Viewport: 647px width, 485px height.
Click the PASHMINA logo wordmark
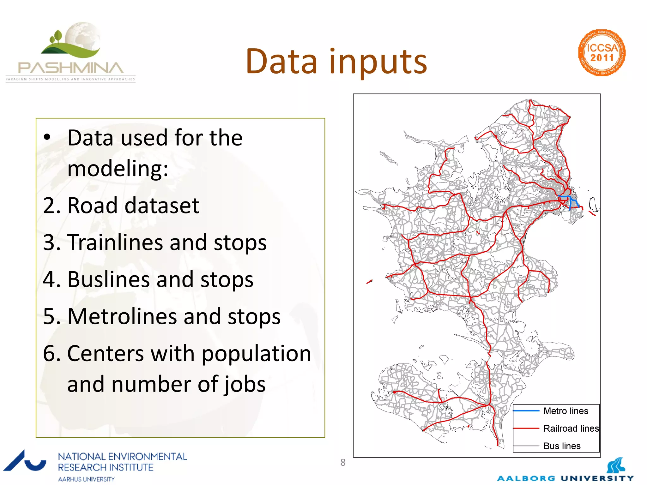pos(70,68)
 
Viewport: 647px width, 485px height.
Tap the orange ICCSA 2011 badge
pos(602,53)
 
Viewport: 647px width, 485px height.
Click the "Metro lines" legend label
pos(565,411)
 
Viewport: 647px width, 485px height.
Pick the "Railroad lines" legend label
pos(571,428)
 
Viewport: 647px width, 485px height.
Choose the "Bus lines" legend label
pos(562,446)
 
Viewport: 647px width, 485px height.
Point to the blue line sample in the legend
pos(526,411)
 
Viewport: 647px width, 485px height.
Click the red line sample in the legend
pos(526,428)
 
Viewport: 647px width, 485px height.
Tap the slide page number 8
pos(343,463)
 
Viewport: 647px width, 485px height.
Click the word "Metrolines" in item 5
pos(122,316)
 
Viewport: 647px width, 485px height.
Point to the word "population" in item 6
pos(256,354)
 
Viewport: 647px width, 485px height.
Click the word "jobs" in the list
pos(245,384)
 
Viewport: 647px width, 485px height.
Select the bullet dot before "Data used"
pos(47,137)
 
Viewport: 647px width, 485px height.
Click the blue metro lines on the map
pos(571,201)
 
